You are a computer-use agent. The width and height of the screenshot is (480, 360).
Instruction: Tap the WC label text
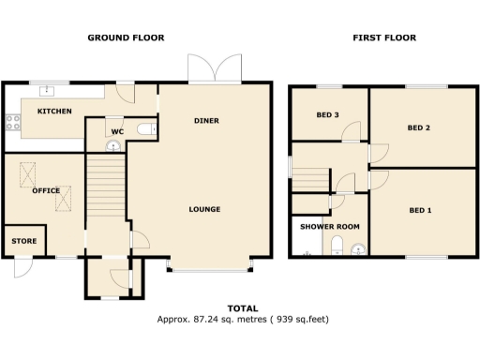[x=117, y=131]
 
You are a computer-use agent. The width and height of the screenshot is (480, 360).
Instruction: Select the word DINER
[x=207, y=121]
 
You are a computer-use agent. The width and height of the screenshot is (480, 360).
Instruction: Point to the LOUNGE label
[x=203, y=209]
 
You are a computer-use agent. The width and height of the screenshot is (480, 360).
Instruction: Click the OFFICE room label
[x=47, y=190]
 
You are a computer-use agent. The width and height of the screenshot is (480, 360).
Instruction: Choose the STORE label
[x=24, y=241]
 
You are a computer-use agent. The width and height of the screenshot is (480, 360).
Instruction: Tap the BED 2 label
[x=418, y=127]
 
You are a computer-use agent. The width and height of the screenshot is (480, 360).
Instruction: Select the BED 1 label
[x=421, y=210]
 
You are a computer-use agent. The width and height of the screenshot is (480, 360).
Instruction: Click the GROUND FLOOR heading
[x=126, y=38]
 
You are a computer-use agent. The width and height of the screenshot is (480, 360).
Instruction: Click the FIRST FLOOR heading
[x=384, y=38]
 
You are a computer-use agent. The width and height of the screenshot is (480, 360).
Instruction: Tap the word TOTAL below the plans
[x=243, y=308]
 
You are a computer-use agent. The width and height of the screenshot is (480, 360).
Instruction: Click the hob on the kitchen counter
[x=12, y=121]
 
